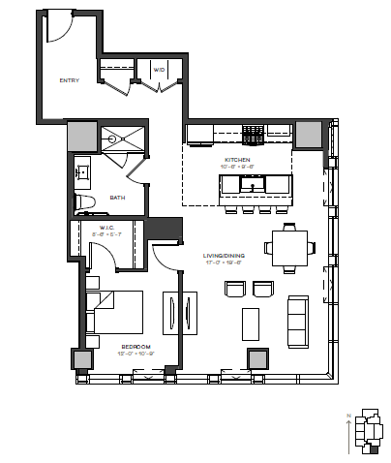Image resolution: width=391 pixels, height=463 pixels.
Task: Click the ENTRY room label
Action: (69, 80)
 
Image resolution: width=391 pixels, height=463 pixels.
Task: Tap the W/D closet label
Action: (157, 69)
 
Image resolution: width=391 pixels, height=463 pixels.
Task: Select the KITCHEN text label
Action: (237, 159)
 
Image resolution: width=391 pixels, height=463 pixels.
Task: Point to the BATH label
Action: (117, 198)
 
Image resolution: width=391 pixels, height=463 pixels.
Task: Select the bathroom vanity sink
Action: (82, 174)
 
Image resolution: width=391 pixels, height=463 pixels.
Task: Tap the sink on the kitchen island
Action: (257, 183)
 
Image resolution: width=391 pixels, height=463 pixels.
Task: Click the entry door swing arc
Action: (58, 28)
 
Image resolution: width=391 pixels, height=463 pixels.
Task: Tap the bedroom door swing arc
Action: (165, 257)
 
